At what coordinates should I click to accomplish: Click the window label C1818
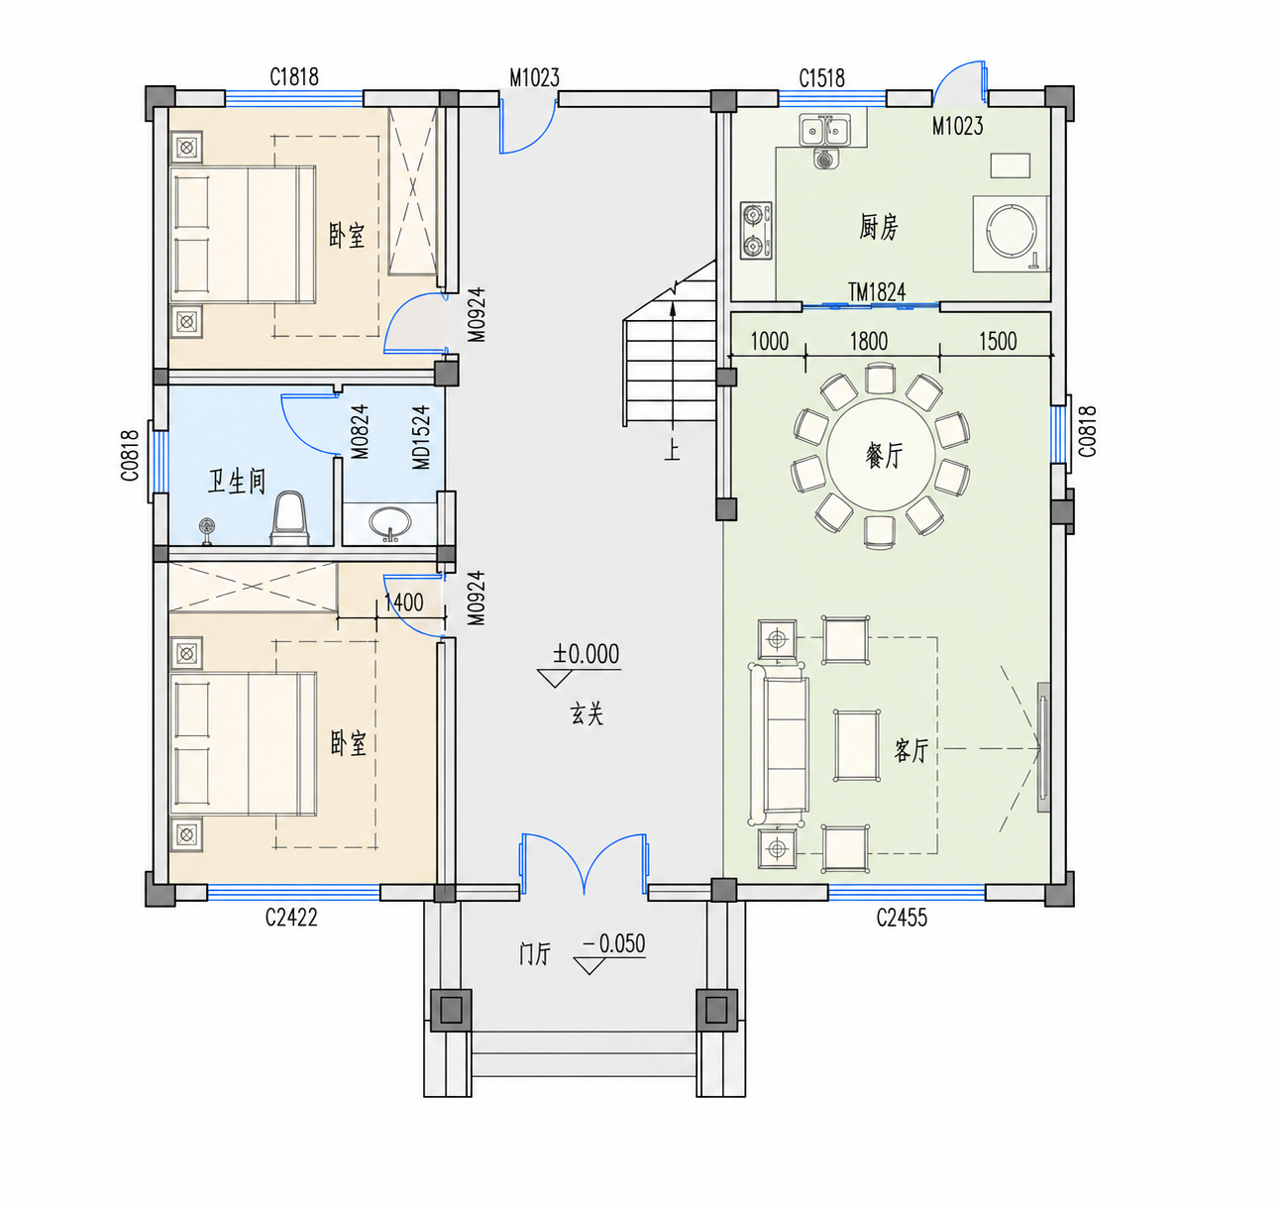[293, 77]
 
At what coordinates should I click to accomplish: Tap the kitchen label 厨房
[879, 227]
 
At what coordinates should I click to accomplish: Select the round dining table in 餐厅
[881, 455]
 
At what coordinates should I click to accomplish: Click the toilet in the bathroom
[289, 518]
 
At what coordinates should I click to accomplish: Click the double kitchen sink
[824, 131]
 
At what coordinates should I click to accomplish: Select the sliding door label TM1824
[877, 292]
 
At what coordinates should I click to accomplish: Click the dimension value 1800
[868, 341]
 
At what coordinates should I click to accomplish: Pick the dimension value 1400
[404, 602]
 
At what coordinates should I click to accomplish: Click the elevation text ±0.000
[586, 654]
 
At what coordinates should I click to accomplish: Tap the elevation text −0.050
[613, 943]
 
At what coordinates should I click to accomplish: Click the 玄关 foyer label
[587, 713]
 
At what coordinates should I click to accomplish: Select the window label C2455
[902, 918]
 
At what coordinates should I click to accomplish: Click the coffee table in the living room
[857, 745]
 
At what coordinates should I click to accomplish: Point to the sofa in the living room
[779, 744]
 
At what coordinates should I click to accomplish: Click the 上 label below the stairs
[672, 450]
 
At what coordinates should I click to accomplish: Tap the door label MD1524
[421, 437]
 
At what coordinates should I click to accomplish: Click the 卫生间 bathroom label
[236, 482]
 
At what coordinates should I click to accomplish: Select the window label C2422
[291, 918]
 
